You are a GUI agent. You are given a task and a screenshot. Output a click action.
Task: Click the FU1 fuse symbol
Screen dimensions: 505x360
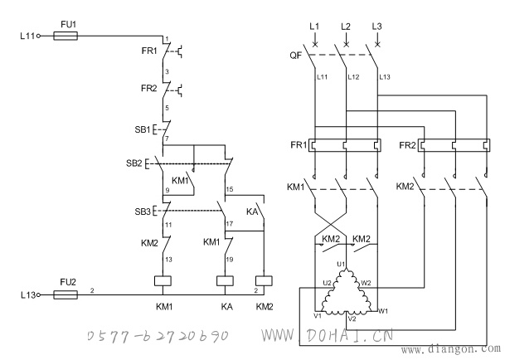[x=66, y=36]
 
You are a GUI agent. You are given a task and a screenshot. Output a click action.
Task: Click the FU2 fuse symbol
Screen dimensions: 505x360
[x=66, y=294]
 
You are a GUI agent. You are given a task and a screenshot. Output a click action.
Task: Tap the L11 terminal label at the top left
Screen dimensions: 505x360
[x=27, y=36]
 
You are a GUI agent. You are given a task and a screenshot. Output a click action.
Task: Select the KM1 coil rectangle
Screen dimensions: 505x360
[x=163, y=281]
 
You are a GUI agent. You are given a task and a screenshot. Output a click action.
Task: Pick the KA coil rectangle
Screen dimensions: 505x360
[x=225, y=281]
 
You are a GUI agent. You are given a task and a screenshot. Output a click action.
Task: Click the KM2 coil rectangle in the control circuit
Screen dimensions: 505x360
[x=264, y=281]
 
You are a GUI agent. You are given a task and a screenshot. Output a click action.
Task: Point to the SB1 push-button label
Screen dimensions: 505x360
[x=143, y=129]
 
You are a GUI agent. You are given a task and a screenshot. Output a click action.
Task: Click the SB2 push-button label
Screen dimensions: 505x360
[x=134, y=163]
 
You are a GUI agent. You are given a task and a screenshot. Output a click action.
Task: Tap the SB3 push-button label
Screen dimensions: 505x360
[x=143, y=212]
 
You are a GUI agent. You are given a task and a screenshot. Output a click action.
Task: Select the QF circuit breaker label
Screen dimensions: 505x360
[x=296, y=56]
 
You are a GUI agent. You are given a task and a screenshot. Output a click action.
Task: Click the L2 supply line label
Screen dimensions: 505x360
[x=346, y=27]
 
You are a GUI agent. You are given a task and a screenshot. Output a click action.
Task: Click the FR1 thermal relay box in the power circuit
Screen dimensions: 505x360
[x=345, y=145]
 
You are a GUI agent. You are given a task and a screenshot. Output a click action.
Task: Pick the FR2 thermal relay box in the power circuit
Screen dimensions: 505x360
[x=454, y=145]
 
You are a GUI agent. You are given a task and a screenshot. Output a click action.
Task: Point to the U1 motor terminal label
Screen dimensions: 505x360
[x=341, y=265]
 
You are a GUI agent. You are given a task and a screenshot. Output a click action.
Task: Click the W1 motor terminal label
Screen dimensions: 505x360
[x=383, y=311]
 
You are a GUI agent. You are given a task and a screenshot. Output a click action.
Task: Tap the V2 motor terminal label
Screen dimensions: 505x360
[x=352, y=319]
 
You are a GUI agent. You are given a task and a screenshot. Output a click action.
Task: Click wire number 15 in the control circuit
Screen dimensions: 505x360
[x=230, y=189]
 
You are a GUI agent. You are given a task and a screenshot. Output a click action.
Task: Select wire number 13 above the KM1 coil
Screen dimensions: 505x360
[x=168, y=260]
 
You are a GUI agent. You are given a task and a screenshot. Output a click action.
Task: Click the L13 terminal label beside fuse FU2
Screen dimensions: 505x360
[x=28, y=295]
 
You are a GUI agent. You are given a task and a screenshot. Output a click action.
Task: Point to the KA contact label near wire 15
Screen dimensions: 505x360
[x=252, y=212]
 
